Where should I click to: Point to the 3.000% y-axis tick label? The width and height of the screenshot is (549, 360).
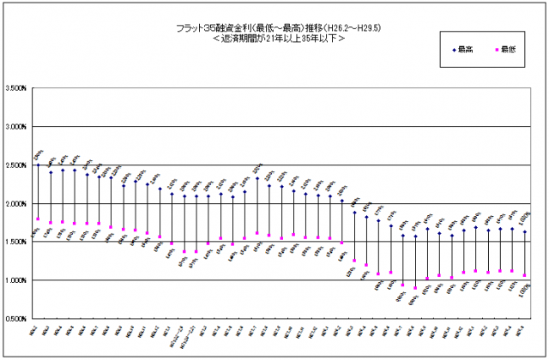[15, 127]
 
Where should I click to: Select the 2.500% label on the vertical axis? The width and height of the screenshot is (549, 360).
[15, 165]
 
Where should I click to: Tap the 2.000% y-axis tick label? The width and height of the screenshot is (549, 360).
[15, 204]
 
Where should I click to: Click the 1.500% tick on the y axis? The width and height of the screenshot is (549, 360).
[15, 242]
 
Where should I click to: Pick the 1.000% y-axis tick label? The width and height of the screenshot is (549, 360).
[15, 280]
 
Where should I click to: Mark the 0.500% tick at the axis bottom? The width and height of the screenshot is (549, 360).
[15, 319]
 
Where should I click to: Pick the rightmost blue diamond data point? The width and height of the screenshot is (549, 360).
[524, 231]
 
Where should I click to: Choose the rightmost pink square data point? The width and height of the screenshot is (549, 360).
[524, 276]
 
